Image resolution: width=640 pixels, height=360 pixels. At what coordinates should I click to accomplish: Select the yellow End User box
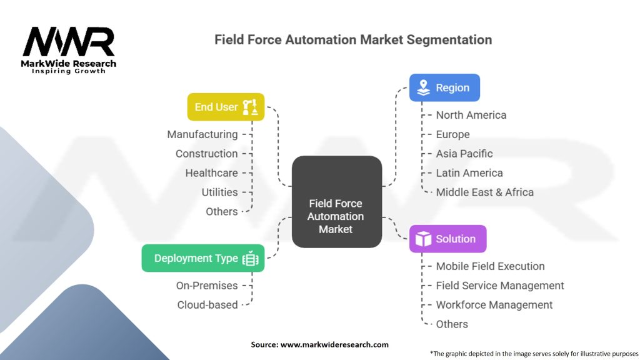pos(226,107)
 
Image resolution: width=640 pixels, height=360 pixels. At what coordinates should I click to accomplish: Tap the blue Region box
pos(444,87)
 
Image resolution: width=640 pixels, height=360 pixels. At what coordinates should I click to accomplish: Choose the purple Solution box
pos(447,239)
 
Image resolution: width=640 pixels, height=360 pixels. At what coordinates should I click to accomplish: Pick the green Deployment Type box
pos(202,258)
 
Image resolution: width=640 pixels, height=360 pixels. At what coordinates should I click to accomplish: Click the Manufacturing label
pos(202,134)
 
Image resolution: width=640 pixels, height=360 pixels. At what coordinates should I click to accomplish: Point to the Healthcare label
pos(211,173)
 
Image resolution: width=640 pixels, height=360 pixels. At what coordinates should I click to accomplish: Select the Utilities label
pos(219,192)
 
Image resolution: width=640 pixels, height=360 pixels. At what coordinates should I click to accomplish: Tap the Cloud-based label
pos(207,305)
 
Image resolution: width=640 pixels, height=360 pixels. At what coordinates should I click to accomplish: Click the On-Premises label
pos(207,286)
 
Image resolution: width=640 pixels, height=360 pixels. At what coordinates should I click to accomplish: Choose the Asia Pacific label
pos(464,154)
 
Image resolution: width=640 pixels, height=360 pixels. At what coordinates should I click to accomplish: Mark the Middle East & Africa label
pos(484,192)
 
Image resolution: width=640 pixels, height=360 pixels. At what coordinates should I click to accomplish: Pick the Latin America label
pos(469,173)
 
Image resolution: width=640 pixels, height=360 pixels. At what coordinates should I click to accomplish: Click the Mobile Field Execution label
pos(490,266)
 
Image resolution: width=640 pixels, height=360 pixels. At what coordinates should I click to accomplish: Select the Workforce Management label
pos(494,305)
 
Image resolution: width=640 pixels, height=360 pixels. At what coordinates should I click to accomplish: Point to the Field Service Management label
pos(499,286)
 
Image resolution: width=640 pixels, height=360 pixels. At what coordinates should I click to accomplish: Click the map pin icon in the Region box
pos(423,87)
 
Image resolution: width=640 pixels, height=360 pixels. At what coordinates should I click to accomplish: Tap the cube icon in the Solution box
pos(423,239)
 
